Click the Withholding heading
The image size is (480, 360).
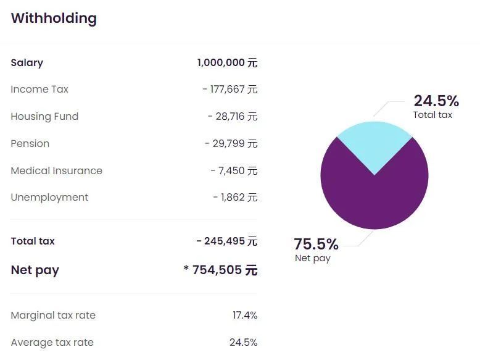coord(54,18)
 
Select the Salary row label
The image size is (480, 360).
coord(27,62)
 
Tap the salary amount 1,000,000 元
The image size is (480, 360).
coord(227,62)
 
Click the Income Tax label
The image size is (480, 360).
coord(39,90)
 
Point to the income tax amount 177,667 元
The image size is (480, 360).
coord(230,90)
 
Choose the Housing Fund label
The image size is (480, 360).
coord(44,117)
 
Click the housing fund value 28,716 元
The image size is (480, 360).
coord(233,117)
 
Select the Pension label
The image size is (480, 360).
coord(30,144)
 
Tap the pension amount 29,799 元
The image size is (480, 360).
coord(231,144)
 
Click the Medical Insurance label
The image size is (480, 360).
coord(57,171)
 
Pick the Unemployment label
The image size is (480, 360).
coord(49,198)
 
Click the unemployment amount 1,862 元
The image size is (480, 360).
coord(235,198)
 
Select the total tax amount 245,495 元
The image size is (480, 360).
coord(226,241)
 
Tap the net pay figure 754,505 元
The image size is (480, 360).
coord(220,270)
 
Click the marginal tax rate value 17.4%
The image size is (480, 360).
coord(245,316)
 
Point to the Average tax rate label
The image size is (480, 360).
coord(52,343)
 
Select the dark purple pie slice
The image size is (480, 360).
coord(374,198)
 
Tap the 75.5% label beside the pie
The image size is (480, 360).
coord(316,244)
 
